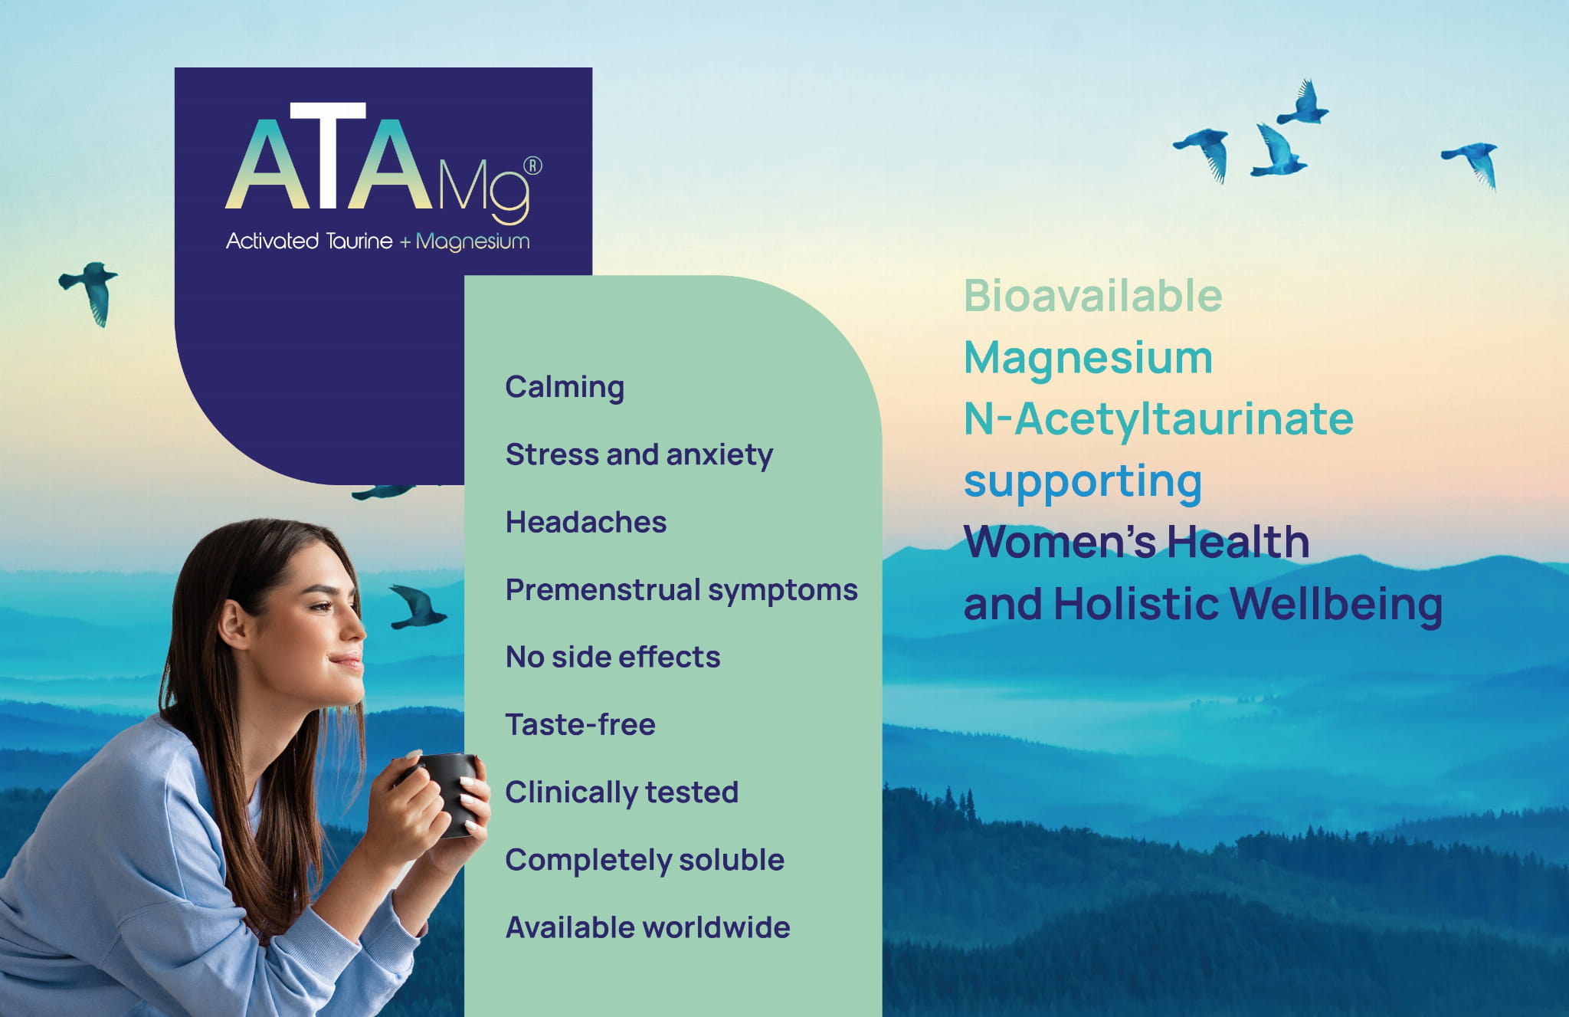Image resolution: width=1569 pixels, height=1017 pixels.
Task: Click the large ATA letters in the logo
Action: click(329, 156)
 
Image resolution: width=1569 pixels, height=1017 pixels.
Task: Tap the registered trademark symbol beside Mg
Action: click(532, 166)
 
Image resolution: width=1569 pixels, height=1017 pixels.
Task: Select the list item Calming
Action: click(565, 388)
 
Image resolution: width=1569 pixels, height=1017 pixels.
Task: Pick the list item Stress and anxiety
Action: click(639, 455)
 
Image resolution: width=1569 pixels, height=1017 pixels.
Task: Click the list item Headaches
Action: click(586, 522)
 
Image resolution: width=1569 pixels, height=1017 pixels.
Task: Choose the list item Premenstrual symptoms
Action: click(681, 590)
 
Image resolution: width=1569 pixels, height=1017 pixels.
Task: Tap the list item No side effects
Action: click(613, 657)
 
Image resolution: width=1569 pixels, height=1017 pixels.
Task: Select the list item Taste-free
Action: click(580, 724)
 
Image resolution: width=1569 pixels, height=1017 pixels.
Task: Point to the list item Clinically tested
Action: click(621, 792)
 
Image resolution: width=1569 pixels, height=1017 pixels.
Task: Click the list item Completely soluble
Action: click(644, 860)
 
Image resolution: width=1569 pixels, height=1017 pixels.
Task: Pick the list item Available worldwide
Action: click(647, 927)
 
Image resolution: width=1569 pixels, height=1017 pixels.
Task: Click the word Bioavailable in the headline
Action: click(1092, 296)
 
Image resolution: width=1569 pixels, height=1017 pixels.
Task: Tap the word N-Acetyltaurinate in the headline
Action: click(1158, 420)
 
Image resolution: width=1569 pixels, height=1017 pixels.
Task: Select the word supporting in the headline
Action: click(1083, 483)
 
